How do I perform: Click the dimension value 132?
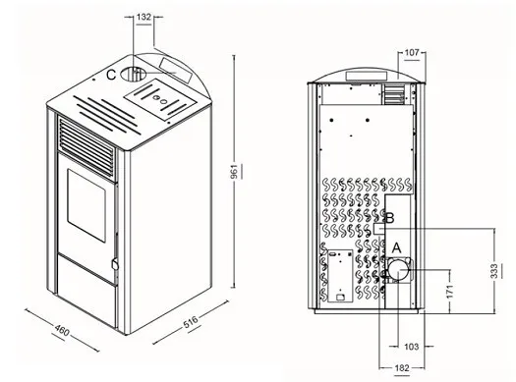(143, 17)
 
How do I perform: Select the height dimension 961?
(234, 171)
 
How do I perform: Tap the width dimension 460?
(62, 330)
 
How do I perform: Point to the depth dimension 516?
(191, 322)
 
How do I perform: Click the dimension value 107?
(412, 53)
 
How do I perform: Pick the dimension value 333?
(494, 271)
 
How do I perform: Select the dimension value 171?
(450, 291)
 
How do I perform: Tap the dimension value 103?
(412, 347)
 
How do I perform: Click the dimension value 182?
(402, 368)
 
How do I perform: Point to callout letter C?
(111, 75)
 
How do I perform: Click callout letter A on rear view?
(397, 247)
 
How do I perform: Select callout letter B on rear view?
(390, 218)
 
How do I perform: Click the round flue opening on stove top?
(133, 75)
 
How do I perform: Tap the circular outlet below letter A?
(398, 270)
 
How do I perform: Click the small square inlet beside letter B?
(378, 229)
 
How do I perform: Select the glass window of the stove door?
(86, 205)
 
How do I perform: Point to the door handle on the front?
(115, 263)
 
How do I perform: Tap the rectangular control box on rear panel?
(340, 276)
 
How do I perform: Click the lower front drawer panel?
(86, 291)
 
